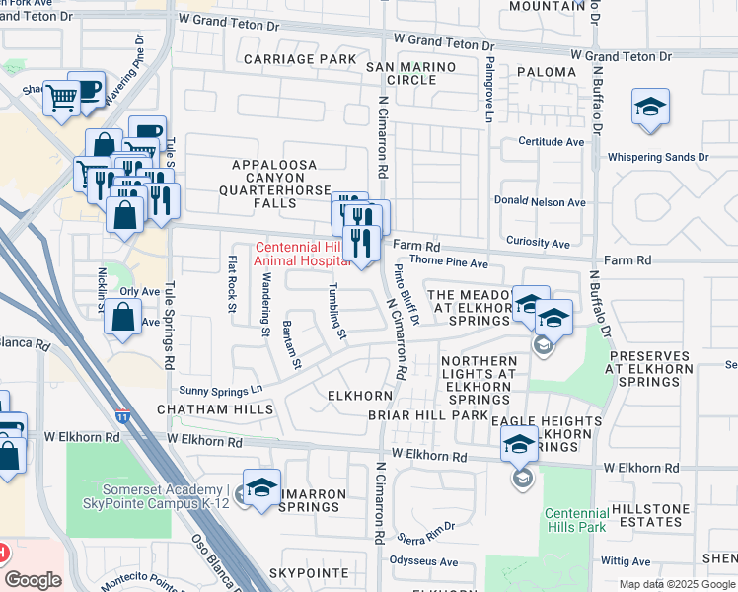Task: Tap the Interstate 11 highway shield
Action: [x=122, y=417]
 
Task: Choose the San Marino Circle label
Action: [x=411, y=73]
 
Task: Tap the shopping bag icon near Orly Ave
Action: [x=121, y=320]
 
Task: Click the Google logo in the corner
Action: [x=33, y=580]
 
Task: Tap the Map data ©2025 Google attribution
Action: [x=677, y=584]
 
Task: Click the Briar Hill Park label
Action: [x=442, y=415]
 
